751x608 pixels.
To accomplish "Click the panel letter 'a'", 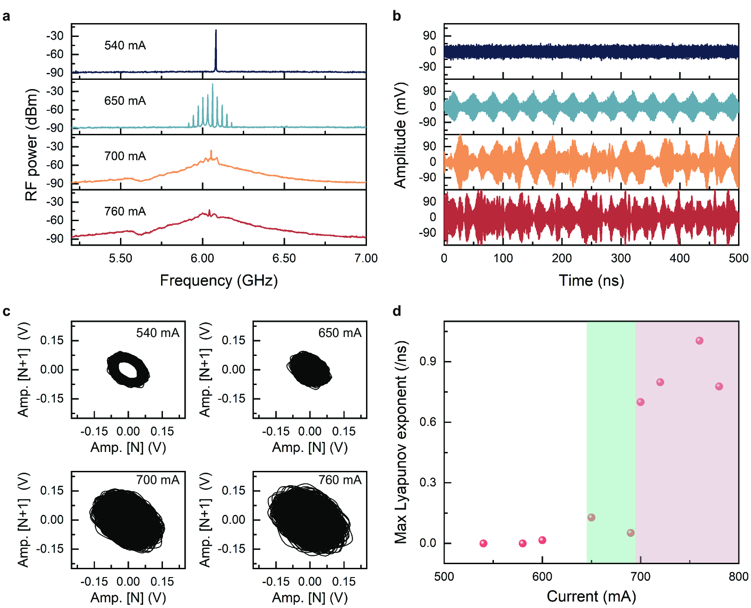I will (6, 17).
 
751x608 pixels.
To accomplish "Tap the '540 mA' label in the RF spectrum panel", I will (125, 45).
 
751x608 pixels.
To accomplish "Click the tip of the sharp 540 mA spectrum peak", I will (216, 31).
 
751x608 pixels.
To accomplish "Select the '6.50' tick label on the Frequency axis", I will (284, 258).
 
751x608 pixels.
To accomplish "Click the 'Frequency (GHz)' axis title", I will (219, 281).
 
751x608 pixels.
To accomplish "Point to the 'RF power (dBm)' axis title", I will (31, 144).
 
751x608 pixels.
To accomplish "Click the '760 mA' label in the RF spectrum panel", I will (125, 211).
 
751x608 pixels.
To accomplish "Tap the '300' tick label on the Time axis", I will (620, 258).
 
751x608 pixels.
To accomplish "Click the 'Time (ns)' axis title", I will (591, 281).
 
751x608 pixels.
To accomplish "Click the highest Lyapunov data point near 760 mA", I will (699, 341).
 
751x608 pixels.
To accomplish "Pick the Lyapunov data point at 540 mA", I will (483, 543).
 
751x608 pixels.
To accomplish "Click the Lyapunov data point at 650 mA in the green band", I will (591, 518).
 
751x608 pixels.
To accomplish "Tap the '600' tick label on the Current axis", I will (542, 577).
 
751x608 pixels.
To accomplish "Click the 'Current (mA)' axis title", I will (591, 596).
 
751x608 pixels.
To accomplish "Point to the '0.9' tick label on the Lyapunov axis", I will (428, 361).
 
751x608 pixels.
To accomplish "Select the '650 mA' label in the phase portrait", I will (340, 333).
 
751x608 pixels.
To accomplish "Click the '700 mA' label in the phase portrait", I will (157, 480).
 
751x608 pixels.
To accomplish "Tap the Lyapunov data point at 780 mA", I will (719, 386).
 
